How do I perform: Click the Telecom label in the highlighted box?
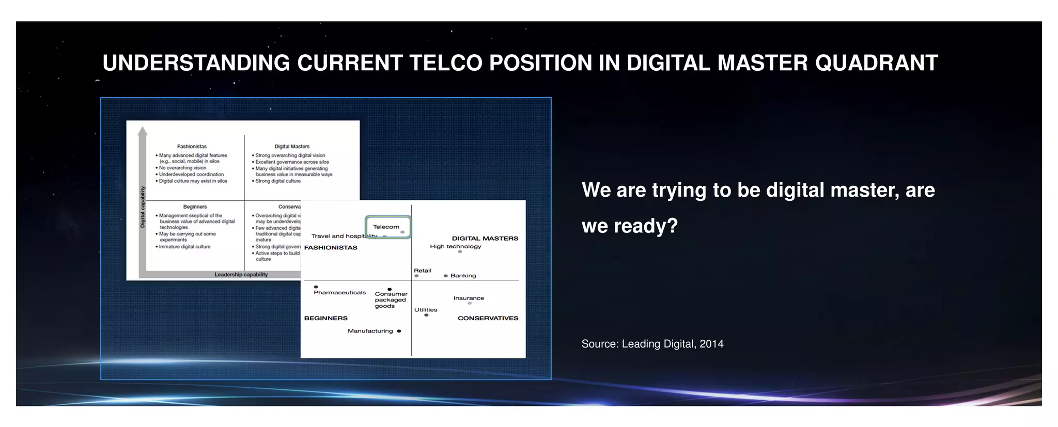coord(386,227)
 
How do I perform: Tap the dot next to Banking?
coord(446,276)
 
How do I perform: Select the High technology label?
coord(455,246)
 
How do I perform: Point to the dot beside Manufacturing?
coord(399,331)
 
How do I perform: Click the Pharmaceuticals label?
coord(339,293)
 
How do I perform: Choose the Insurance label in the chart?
coord(469,298)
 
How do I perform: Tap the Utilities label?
coord(425,310)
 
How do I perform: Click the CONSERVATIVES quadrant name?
coord(488,318)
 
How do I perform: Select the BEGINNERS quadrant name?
coord(325,318)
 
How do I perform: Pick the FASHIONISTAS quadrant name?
coord(331,247)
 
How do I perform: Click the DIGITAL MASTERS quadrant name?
coord(485,238)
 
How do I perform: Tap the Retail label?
coord(422,271)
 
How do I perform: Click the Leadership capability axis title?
coord(241,275)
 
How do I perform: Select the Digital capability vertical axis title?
coord(143,207)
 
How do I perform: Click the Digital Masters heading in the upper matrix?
coord(292,147)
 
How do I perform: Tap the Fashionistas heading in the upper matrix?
coord(192,147)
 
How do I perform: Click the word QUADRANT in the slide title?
coord(876,63)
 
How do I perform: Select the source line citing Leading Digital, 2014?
coord(652,344)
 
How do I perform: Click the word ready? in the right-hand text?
coord(645,226)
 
